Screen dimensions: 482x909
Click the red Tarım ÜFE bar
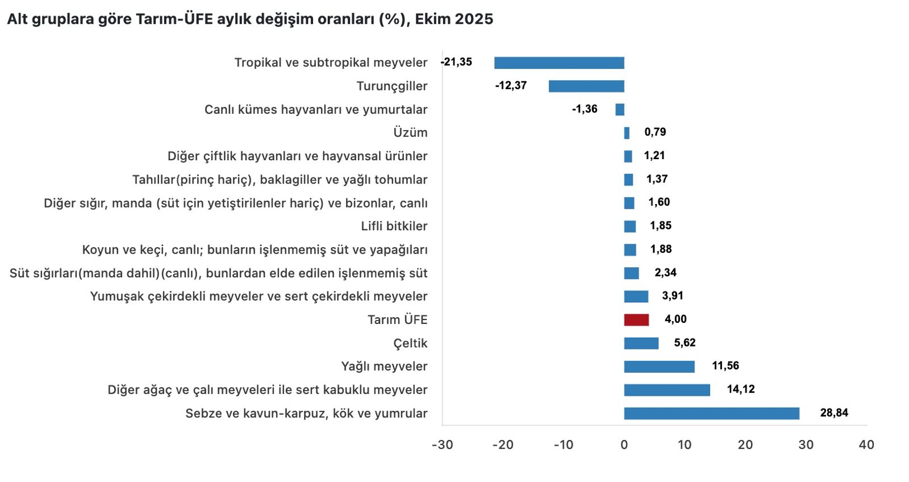click(636, 320)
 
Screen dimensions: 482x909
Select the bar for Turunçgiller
click(586, 86)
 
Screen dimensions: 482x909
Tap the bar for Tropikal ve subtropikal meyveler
click(559, 63)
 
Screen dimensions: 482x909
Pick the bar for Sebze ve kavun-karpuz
click(711, 413)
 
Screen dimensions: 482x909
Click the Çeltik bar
click(641, 343)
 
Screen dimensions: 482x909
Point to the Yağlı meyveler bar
click(659, 367)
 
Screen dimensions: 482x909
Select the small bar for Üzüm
click(627, 133)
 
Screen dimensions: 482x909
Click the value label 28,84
click(834, 413)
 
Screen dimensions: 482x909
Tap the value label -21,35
click(457, 62)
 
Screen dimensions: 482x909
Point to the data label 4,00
click(676, 319)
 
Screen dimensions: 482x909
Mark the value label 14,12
click(741, 389)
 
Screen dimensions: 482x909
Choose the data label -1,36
click(585, 109)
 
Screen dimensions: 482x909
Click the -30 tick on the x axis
click(443, 444)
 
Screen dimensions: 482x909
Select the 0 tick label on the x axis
click(624, 444)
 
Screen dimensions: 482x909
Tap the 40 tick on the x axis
click(866, 444)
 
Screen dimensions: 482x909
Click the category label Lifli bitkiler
click(394, 226)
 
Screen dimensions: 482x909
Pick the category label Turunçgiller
click(392, 86)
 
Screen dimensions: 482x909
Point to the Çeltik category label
click(410, 343)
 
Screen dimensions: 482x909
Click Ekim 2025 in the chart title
click(454, 19)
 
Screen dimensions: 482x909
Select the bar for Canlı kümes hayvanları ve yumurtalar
click(620, 110)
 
